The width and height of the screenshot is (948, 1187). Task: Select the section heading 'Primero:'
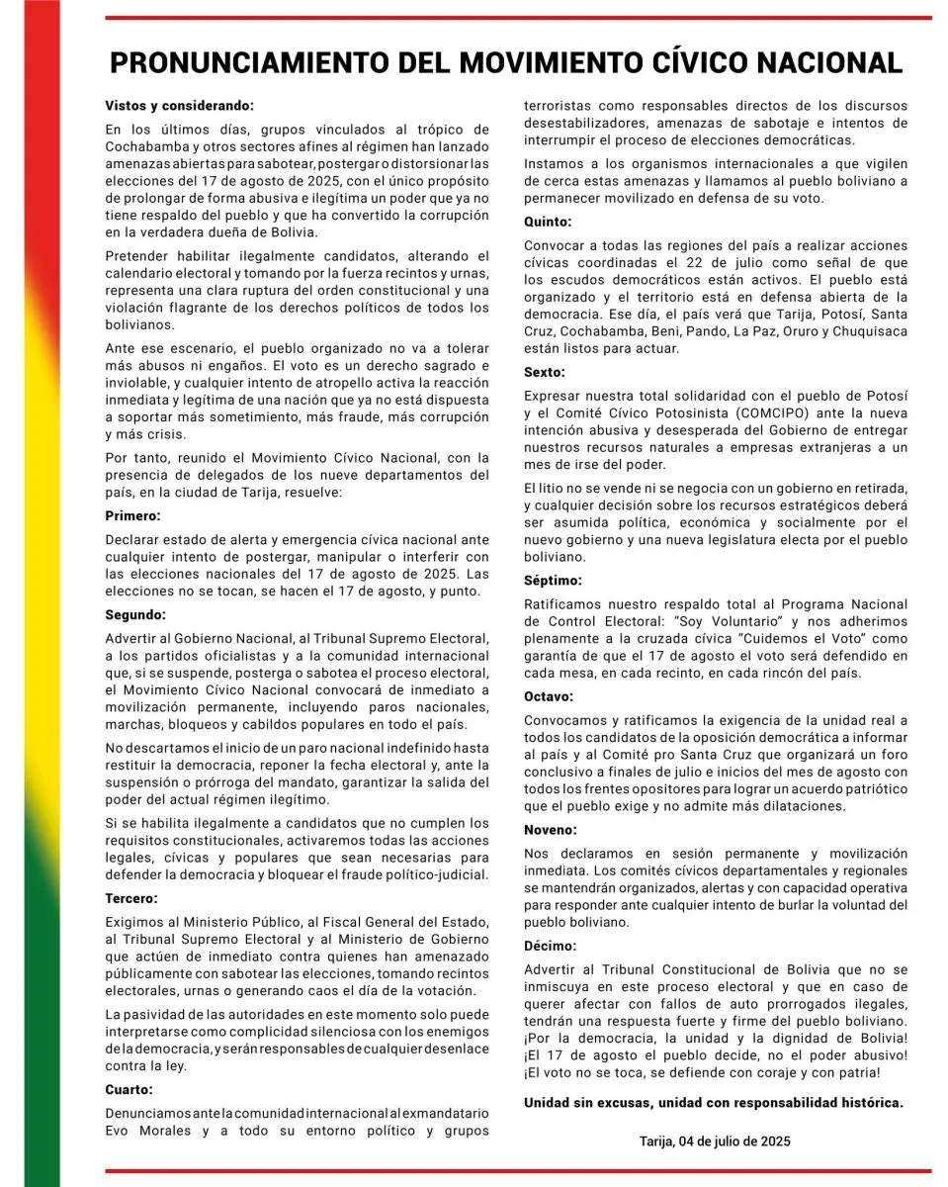[132, 515]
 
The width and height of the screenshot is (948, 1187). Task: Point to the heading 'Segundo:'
[136, 614]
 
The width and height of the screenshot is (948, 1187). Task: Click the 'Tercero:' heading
[131, 899]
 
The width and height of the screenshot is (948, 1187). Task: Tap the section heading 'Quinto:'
[548, 223]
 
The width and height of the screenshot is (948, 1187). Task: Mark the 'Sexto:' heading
[545, 373]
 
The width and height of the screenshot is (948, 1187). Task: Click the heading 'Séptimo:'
[554, 581]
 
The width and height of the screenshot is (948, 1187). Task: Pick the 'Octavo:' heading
[549, 696]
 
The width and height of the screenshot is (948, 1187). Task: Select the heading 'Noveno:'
[551, 829]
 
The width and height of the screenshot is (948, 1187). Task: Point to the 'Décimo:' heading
[550, 947]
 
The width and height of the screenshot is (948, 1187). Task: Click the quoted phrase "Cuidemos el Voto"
[758, 639]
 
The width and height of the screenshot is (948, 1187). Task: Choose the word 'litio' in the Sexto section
[550, 489]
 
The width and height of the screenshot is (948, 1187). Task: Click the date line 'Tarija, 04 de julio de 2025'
[715, 1141]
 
